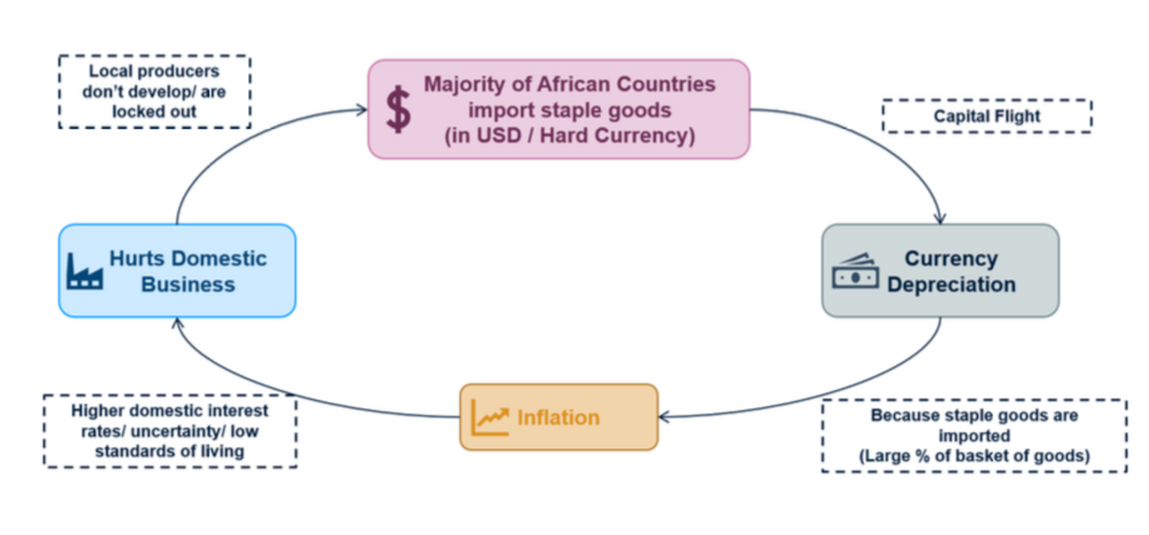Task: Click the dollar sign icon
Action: pos(399,109)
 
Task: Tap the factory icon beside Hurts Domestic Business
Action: pos(84,270)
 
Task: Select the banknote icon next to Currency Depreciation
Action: pos(854,271)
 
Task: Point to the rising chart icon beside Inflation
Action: pos(490,417)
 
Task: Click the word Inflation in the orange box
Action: pos(558,417)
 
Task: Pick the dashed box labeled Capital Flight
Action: pos(987,116)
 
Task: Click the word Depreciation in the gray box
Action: pos(951,285)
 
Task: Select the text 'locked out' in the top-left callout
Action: pos(154,112)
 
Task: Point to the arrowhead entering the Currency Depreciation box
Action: pos(940,219)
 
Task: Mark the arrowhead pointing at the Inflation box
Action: pos(664,416)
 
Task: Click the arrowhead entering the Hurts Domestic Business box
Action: pos(177,322)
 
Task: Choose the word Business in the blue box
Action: pos(188,285)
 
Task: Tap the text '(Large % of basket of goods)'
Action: pos(974,456)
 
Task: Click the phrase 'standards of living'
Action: pos(170,452)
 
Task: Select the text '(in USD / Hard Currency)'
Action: pos(569,136)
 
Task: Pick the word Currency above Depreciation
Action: pos(951,259)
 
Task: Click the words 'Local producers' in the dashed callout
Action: pos(154,72)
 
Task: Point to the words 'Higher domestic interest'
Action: pos(170,411)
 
